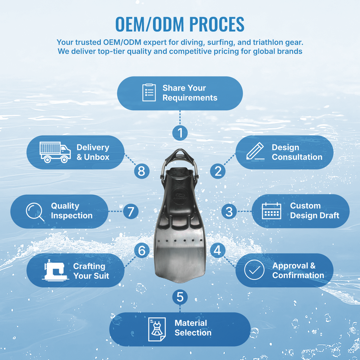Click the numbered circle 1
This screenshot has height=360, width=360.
180,133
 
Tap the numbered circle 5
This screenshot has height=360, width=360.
180,297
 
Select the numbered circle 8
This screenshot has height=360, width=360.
141,171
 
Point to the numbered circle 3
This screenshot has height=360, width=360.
229,211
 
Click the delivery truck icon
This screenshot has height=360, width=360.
55,152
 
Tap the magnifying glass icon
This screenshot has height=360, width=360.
35,211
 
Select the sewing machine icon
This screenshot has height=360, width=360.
55,270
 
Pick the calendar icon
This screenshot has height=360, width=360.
271,211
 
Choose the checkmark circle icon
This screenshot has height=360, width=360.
254,270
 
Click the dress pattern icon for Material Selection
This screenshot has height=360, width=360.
157,329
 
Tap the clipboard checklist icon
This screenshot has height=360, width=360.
149,93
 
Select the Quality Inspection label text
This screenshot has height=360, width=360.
72,211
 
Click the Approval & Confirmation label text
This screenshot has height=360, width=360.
298,270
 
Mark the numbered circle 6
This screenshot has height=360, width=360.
141,250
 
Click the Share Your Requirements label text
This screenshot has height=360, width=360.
190,93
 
